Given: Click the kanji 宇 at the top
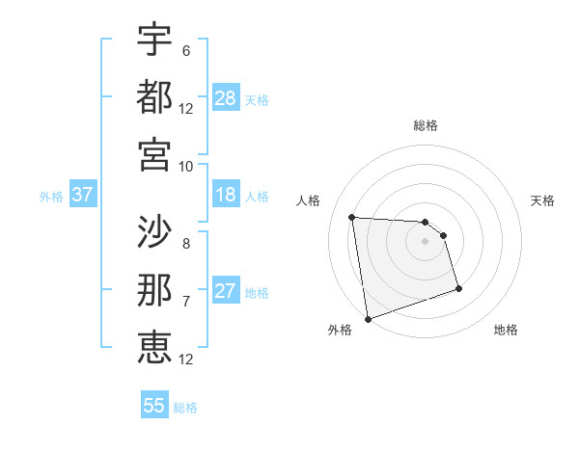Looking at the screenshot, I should (154, 40).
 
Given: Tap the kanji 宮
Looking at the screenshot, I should (154, 153).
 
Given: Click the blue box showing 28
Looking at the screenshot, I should (226, 98).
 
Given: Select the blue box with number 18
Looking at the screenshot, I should (226, 195).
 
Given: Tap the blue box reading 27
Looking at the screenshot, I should (226, 291).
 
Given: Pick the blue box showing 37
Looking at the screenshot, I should (82, 196).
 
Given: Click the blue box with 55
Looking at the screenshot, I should (154, 406).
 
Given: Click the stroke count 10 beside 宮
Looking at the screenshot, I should (185, 165).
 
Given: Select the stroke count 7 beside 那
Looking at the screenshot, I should (185, 301).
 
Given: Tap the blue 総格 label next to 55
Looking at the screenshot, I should (185, 408).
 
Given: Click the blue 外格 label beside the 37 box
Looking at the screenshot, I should (51, 197).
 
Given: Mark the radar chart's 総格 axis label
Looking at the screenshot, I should (425, 125).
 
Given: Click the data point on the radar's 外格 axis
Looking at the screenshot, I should (368, 318).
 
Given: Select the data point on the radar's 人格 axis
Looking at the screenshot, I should (351, 217).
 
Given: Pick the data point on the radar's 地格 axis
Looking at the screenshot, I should (458, 288).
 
